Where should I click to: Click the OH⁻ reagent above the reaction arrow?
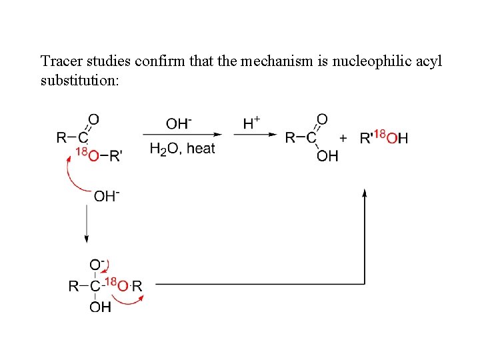click(x=179, y=123)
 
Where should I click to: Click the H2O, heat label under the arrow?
click(x=182, y=149)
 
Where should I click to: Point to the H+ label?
click(x=251, y=123)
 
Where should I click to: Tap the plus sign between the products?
click(x=343, y=138)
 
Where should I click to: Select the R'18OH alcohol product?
click(x=383, y=138)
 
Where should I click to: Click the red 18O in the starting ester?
click(x=87, y=154)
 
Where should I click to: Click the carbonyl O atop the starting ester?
click(x=94, y=119)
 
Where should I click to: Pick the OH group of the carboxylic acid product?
click(x=327, y=156)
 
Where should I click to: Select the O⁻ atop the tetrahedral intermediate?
click(x=97, y=265)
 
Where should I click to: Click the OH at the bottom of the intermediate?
click(x=100, y=307)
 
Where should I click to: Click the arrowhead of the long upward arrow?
click(x=365, y=194)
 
